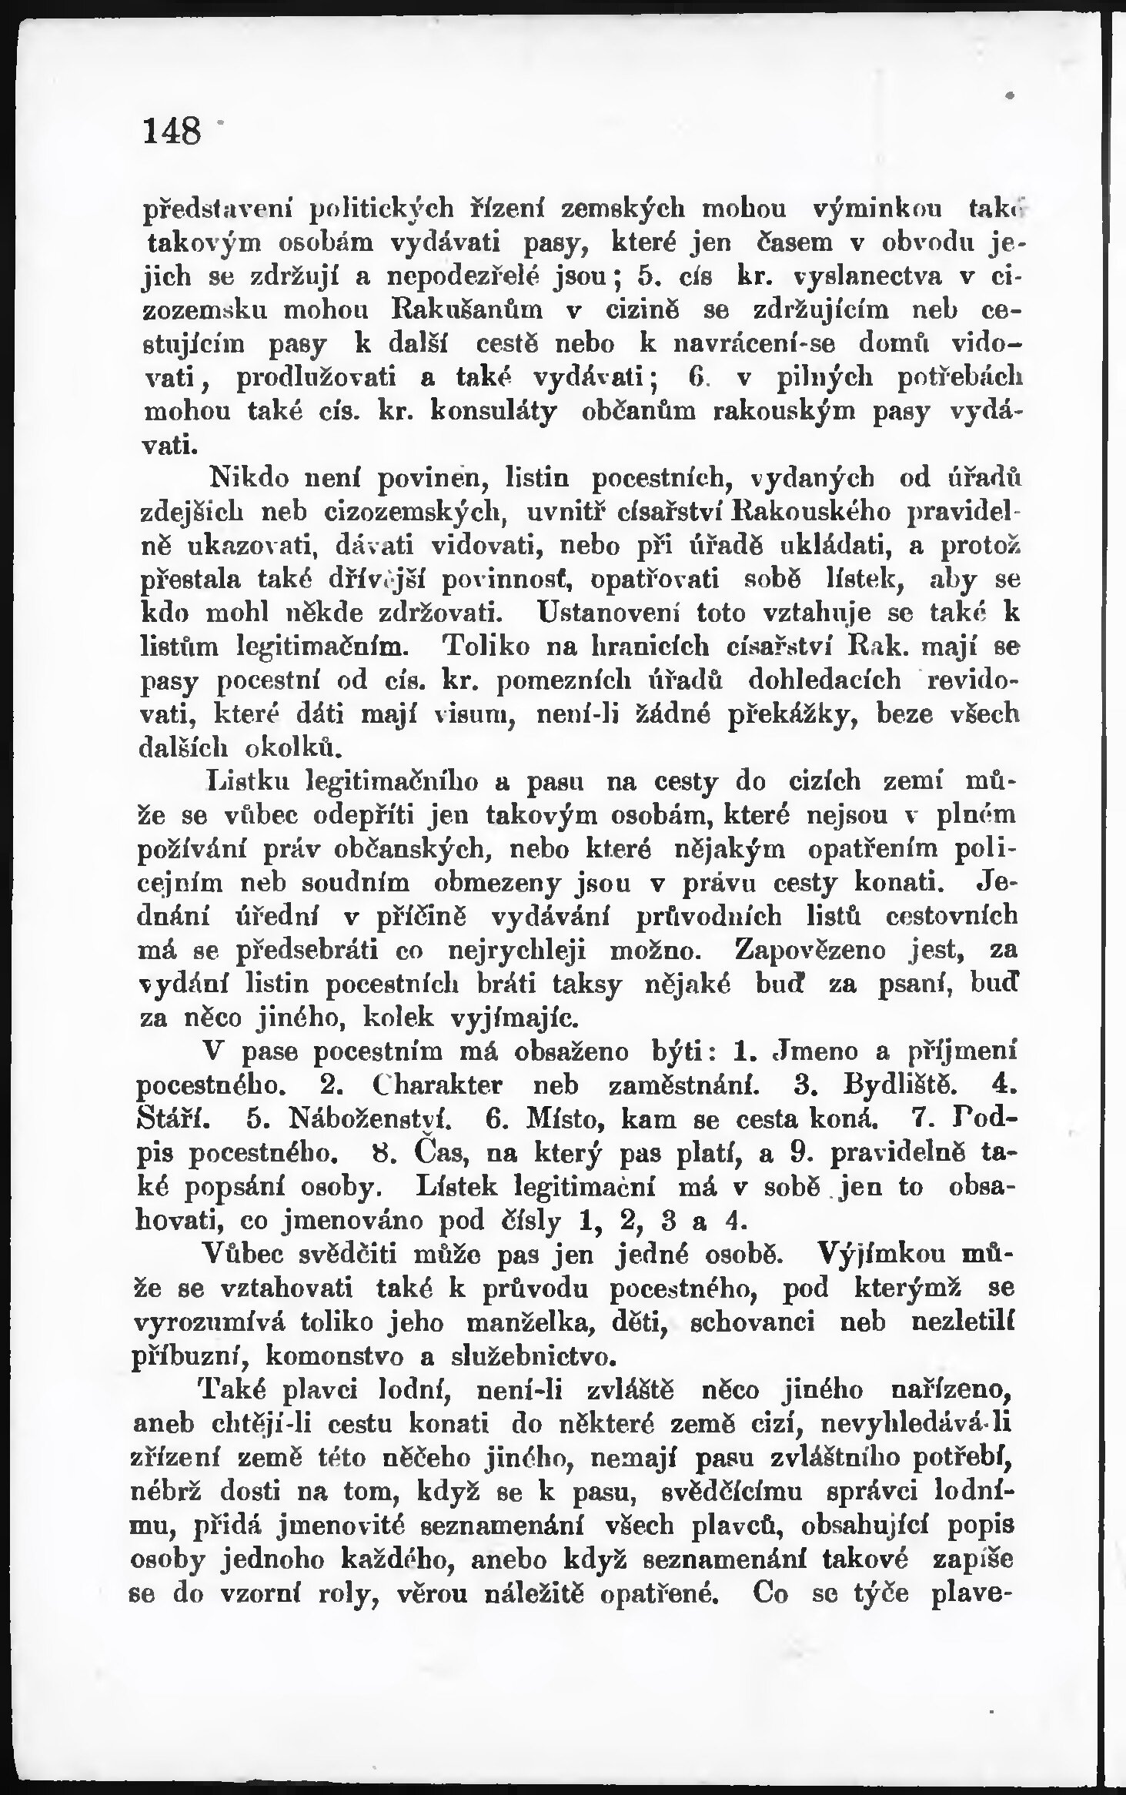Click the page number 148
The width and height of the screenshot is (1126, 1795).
pyautogui.click(x=171, y=130)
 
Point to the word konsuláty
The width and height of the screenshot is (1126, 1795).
pyautogui.click(x=493, y=410)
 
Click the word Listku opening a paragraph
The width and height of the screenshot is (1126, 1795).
pyautogui.click(x=251, y=782)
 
